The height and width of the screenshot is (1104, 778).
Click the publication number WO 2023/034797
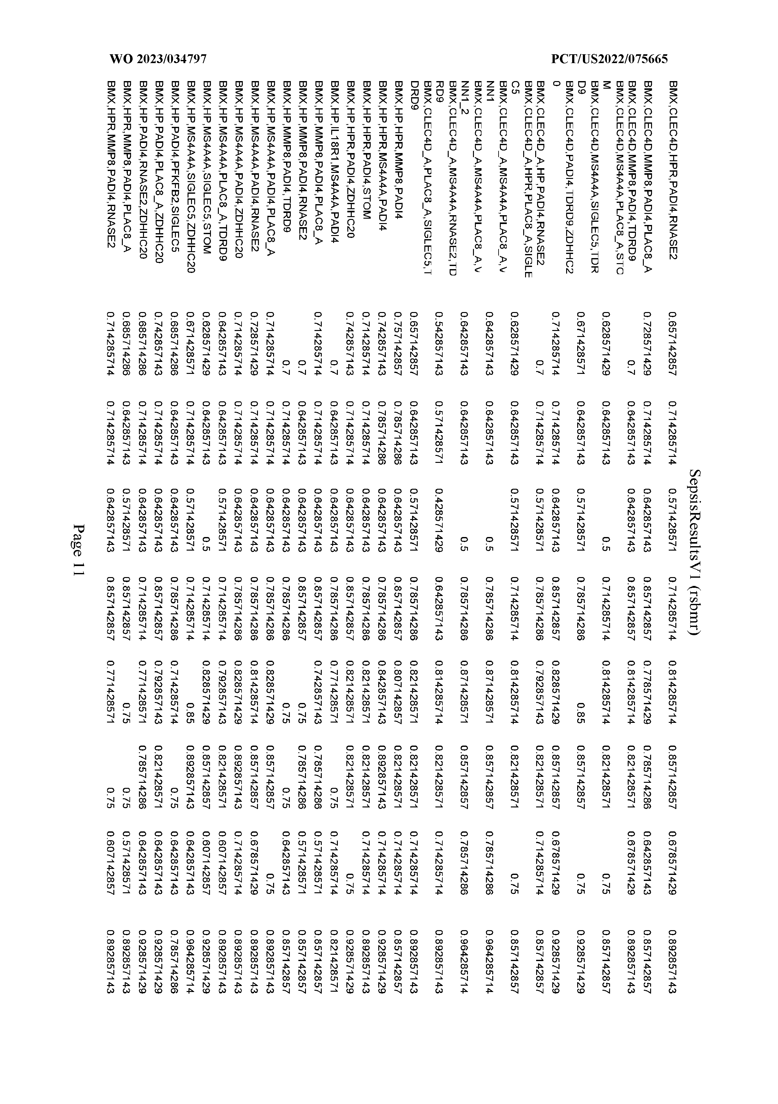coord(158,60)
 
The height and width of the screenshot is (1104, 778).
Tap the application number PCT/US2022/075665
coord(610,60)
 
